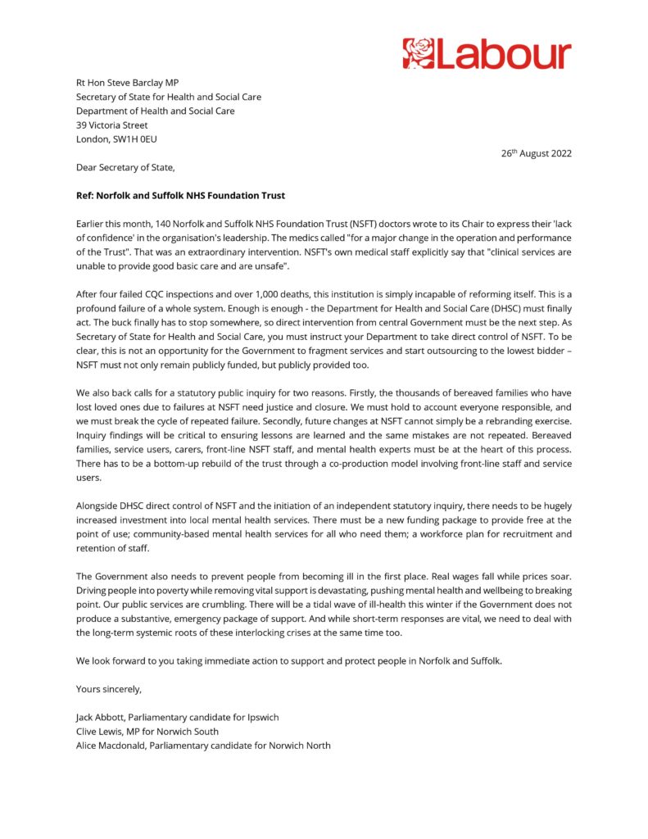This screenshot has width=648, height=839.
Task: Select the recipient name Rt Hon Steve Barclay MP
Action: pyautogui.click(x=127, y=82)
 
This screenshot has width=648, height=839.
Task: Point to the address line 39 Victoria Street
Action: pyautogui.click(x=111, y=125)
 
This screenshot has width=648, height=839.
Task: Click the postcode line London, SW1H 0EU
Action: pyautogui.click(x=117, y=139)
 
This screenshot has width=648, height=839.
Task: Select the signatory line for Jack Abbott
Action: pyautogui.click(x=177, y=717)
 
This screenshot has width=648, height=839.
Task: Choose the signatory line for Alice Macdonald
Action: pyautogui.click(x=203, y=746)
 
